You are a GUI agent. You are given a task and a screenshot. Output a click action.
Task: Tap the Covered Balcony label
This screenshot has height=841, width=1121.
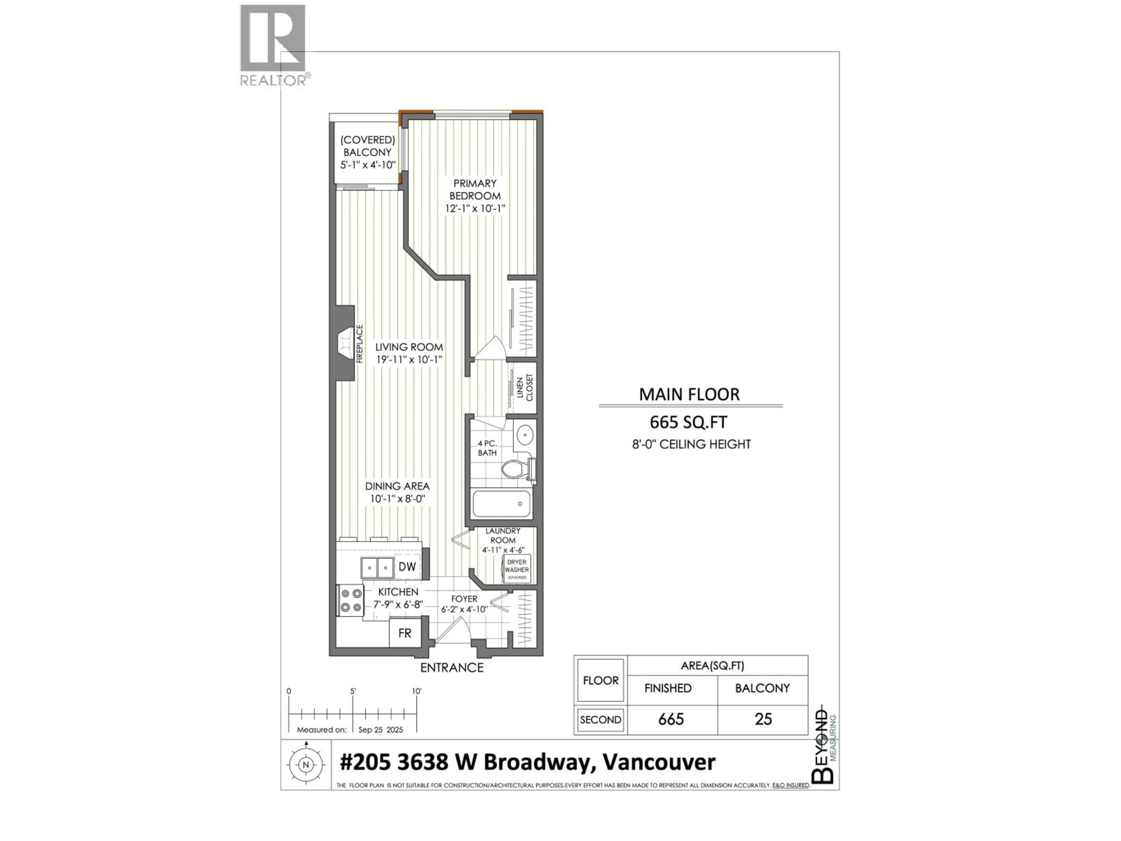(368, 146)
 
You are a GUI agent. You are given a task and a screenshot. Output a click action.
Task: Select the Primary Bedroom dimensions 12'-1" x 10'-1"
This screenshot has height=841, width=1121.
(475, 208)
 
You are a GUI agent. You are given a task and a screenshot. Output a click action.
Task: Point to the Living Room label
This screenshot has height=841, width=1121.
(409, 347)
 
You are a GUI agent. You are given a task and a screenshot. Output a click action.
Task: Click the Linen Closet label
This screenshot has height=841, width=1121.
(525, 388)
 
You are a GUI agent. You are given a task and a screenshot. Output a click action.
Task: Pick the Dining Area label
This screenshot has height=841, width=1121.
(397, 486)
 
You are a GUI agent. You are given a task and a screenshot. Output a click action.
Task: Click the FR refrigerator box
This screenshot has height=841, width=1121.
(404, 633)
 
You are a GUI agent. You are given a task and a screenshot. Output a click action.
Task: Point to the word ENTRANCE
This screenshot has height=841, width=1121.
(452, 668)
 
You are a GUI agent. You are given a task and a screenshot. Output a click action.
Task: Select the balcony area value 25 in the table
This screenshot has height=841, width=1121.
(763, 719)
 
